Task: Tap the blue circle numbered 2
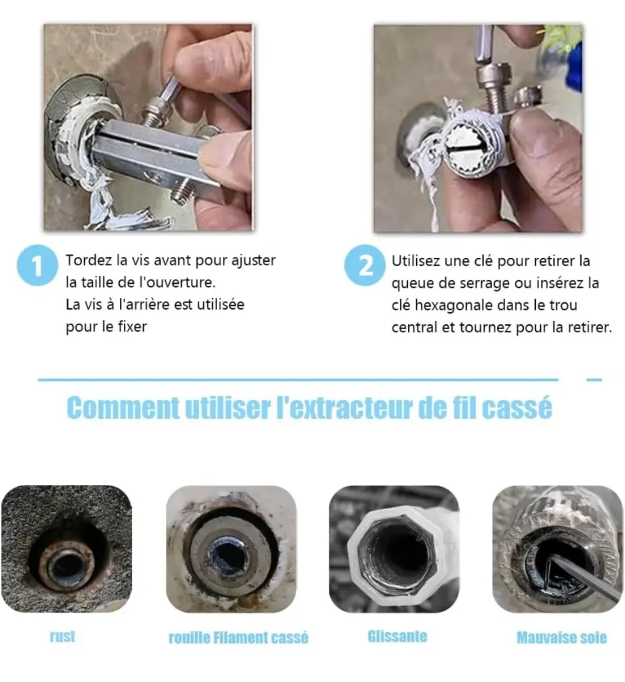[x=365, y=265]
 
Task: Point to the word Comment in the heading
[x=123, y=408]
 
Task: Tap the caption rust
[x=63, y=636]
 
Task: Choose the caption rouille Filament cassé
[x=238, y=637]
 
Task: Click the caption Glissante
[x=397, y=636]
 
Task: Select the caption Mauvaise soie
[x=562, y=637]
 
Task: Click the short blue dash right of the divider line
[x=594, y=380]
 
